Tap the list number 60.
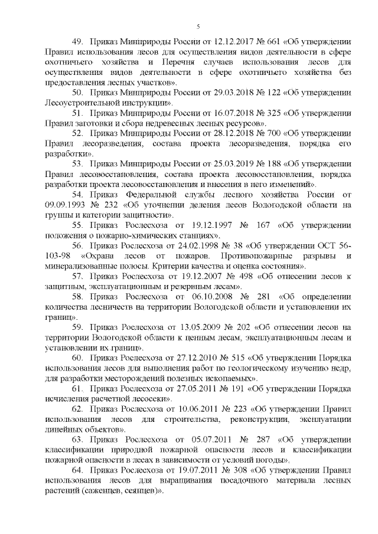(79, 358)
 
